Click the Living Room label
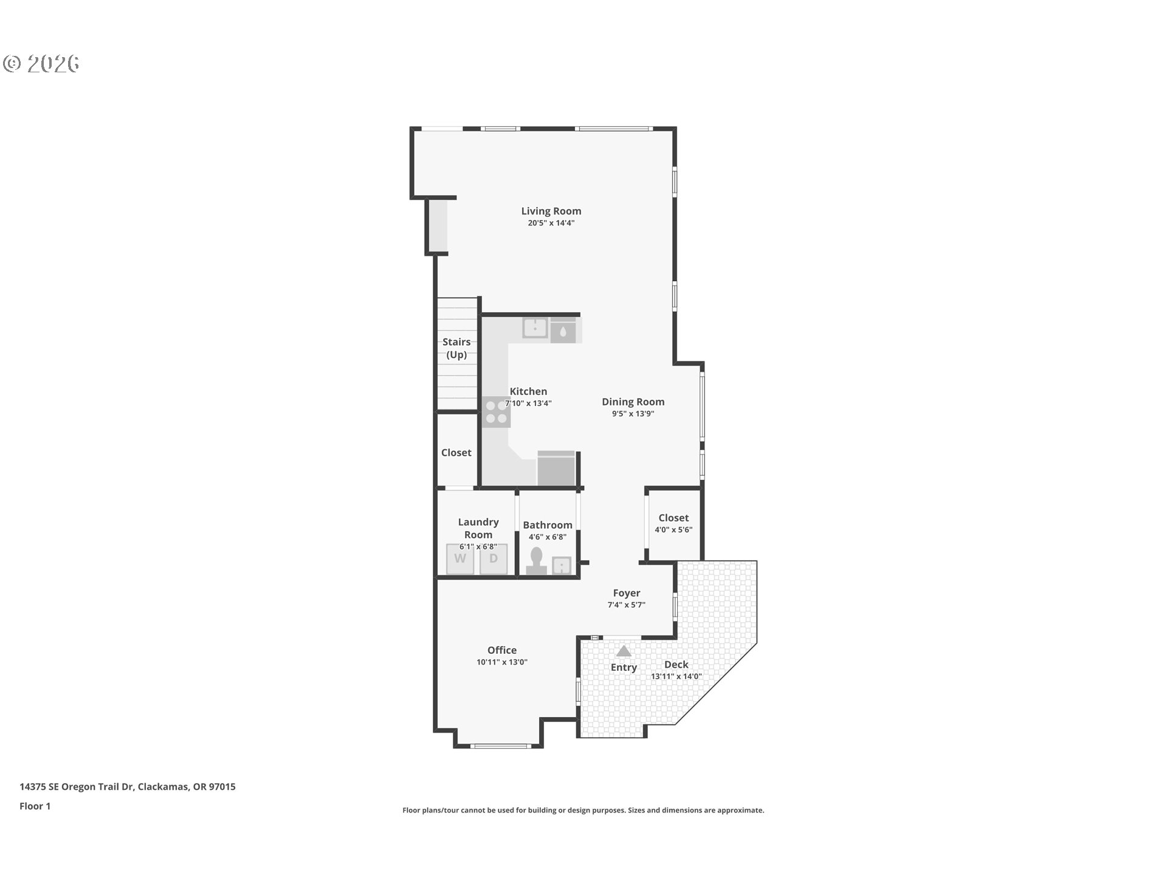551,211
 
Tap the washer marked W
460,559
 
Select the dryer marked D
494,559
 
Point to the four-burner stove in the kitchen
496,412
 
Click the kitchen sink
535,328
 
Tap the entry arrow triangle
624,651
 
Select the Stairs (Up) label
456,348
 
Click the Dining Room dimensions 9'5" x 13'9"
633,414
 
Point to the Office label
502,650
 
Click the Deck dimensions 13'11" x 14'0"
676,676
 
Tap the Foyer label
627,593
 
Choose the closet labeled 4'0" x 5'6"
673,524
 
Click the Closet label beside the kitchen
456,453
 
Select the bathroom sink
562,566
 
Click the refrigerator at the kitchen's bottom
556,468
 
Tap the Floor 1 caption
35,806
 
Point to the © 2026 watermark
41,63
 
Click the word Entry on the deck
624,667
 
